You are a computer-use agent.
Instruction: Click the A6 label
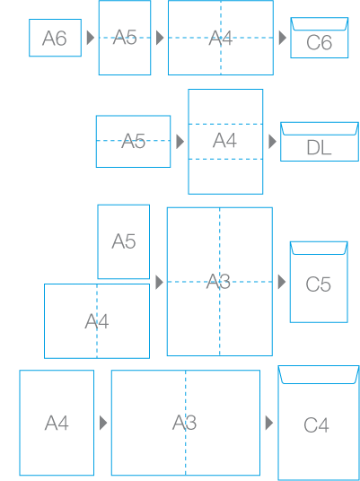pos(55,39)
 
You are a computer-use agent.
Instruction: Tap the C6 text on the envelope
pos(320,43)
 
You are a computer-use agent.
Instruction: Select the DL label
pos(320,148)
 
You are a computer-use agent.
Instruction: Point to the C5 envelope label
pos(319,284)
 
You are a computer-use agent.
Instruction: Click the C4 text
pos(316,425)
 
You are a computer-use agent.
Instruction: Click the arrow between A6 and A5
pos(91,38)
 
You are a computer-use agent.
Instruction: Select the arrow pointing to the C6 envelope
pos(283,38)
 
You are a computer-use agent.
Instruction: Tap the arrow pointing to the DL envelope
pos(273,142)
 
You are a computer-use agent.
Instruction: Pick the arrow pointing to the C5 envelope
pos(282,282)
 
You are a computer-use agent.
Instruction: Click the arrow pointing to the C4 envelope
pos(269,423)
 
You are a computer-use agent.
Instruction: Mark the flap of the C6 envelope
pos(320,24)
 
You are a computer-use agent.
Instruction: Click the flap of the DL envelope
pos(320,129)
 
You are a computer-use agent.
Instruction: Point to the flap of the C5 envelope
pos(319,249)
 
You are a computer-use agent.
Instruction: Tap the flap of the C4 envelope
pos(319,374)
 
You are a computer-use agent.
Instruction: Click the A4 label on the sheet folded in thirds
pos(225,141)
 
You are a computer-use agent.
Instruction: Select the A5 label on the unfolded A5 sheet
pos(124,241)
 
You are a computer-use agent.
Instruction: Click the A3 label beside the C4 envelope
pos(184,423)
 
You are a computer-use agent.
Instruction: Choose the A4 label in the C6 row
pos(221,39)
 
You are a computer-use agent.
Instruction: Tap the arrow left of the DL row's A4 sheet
pos(180,142)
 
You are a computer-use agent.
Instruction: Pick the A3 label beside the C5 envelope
pos(218,282)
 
